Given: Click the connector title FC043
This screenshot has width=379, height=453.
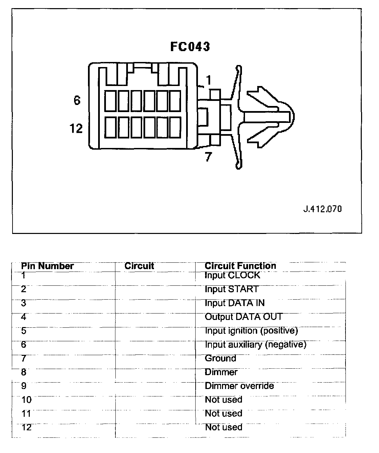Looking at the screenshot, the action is pyautogui.click(x=190, y=46).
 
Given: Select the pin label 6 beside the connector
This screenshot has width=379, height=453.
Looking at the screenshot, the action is pyautogui.click(x=77, y=100).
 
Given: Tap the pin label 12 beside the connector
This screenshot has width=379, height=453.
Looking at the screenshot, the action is pyautogui.click(x=76, y=128).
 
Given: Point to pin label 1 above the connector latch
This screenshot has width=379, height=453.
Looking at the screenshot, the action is pyautogui.click(x=208, y=80).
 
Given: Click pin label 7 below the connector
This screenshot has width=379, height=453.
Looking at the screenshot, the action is pyautogui.click(x=208, y=157).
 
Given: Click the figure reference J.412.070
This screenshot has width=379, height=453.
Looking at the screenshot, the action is pyautogui.click(x=322, y=209).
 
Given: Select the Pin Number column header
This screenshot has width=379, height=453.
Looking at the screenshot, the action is pyautogui.click(x=47, y=266).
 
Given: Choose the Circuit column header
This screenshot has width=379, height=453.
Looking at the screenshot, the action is pyautogui.click(x=139, y=266).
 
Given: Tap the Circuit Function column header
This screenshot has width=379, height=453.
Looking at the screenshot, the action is pyautogui.click(x=240, y=266).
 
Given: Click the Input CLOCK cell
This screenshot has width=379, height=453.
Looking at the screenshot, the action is pyautogui.click(x=232, y=275).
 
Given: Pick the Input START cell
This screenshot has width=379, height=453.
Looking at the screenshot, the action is pyautogui.click(x=231, y=289).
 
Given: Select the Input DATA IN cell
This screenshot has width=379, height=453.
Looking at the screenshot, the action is pyautogui.click(x=235, y=303).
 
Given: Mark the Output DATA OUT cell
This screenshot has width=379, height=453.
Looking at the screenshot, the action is pyautogui.click(x=243, y=317).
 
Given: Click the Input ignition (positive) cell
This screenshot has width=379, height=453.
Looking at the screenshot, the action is pyautogui.click(x=251, y=331).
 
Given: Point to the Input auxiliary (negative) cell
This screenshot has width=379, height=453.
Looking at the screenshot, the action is pyautogui.click(x=255, y=345).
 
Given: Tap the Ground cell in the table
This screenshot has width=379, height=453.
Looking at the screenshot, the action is pyautogui.click(x=220, y=358).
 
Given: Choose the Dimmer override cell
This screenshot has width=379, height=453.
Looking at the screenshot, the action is pyautogui.click(x=239, y=386).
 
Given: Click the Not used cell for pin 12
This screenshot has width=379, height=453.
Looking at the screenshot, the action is pyautogui.click(x=224, y=427).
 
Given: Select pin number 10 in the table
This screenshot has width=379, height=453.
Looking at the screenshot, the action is pyautogui.click(x=26, y=400).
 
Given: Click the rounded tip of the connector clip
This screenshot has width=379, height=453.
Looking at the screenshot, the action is pyautogui.click(x=292, y=116).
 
